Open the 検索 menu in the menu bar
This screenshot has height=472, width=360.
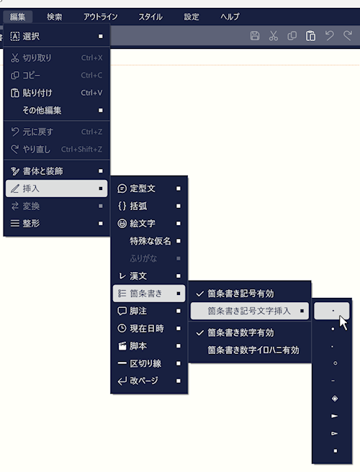click(x=54, y=17)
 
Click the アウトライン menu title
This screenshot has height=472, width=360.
click(x=101, y=17)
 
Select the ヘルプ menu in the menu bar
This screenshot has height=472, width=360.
click(x=230, y=17)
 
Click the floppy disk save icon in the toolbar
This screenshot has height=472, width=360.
click(x=255, y=36)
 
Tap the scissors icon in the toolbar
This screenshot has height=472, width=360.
click(x=273, y=36)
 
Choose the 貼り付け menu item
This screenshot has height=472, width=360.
click(x=37, y=93)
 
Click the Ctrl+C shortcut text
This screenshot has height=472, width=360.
click(x=91, y=76)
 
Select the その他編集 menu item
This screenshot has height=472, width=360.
click(x=42, y=111)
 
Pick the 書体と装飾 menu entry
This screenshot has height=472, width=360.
click(x=42, y=171)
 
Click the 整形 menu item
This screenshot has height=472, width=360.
click(x=31, y=223)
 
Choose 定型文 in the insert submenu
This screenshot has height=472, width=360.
click(x=143, y=189)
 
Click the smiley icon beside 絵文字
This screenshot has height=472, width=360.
click(x=122, y=224)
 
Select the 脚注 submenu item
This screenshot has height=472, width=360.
click(x=138, y=311)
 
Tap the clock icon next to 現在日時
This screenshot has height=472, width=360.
click(x=122, y=328)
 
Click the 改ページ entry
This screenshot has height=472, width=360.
click(x=144, y=381)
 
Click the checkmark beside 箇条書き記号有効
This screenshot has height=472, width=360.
click(x=200, y=294)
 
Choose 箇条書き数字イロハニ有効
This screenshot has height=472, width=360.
click(x=253, y=350)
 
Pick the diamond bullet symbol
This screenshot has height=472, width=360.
click(x=335, y=399)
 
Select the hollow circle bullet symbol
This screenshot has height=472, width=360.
click(x=335, y=363)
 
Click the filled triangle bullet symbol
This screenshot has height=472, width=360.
click(x=334, y=416)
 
